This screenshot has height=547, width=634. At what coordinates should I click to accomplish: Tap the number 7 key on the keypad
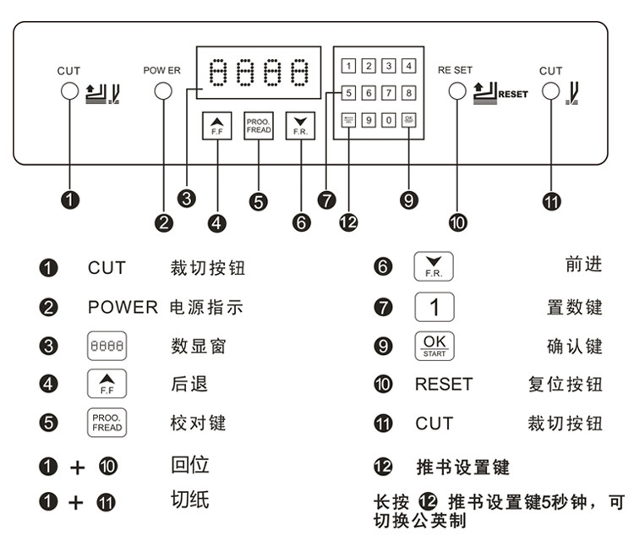389,93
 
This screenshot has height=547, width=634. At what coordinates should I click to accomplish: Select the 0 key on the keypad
389,120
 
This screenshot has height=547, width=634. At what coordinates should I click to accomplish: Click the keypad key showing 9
369,120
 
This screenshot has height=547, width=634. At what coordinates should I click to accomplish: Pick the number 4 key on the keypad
409,66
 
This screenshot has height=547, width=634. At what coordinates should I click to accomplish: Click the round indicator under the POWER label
162,90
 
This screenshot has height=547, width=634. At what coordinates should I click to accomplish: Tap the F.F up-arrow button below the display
216,126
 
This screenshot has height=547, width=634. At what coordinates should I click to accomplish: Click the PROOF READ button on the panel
259,126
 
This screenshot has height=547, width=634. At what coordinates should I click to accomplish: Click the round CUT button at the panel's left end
69,90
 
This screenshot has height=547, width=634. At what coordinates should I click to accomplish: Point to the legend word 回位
189,463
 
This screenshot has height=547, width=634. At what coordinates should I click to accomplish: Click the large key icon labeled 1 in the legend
435,307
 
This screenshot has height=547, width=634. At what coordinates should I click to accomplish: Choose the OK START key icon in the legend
435,346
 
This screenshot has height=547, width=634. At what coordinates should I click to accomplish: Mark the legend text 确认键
575,346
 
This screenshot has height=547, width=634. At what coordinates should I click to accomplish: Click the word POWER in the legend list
123,308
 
